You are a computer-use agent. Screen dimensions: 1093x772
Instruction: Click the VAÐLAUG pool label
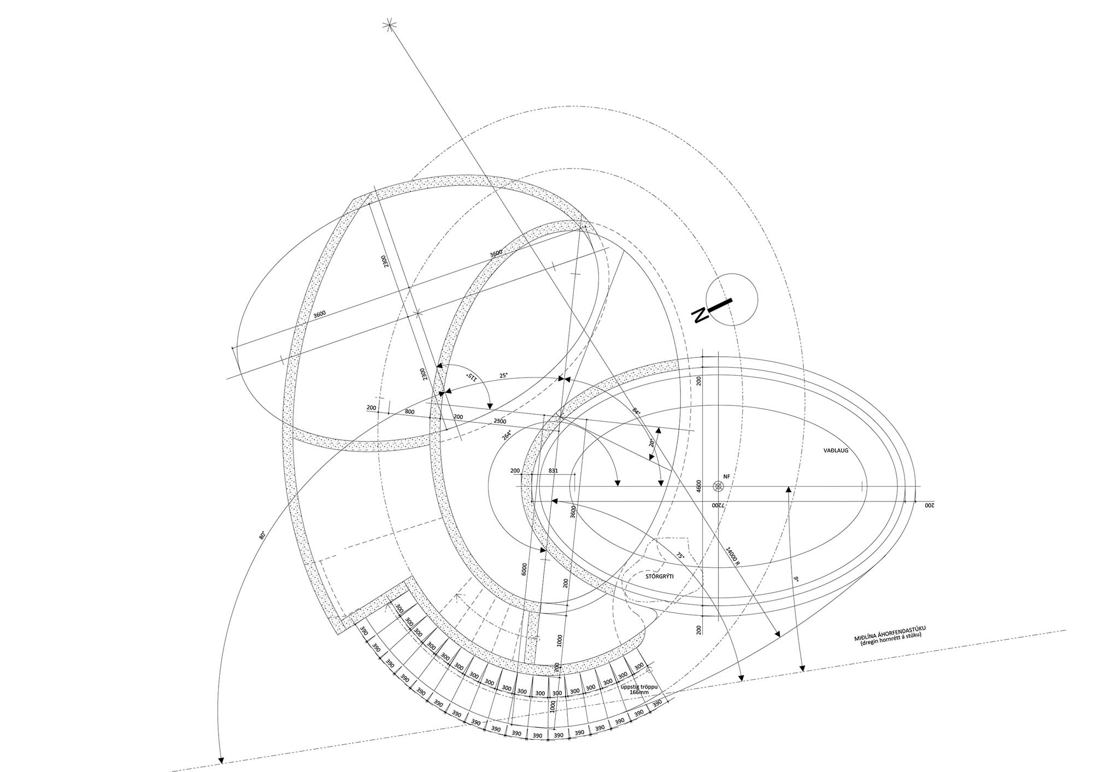(835, 451)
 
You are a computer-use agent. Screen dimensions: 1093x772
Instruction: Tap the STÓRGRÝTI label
(659, 576)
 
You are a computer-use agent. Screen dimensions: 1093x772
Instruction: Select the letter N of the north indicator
(700, 316)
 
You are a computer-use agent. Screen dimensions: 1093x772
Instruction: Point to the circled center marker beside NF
(718, 486)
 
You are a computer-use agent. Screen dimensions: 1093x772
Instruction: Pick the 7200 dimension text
(718, 505)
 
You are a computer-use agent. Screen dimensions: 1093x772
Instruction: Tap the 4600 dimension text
(698, 487)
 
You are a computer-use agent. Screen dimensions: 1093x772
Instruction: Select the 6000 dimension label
(524, 570)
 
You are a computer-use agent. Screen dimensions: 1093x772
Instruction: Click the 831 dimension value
(553, 470)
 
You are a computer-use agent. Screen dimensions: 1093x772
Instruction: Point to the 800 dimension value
(409, 412)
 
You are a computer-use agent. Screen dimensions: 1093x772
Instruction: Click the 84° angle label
(636, 410)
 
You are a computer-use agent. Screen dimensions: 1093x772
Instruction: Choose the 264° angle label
(508, 435)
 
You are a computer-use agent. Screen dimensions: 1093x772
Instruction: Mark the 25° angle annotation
(503, 375)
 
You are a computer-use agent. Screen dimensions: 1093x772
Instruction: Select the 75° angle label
(680, 556)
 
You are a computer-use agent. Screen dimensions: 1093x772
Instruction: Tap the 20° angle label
(651, 443)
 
